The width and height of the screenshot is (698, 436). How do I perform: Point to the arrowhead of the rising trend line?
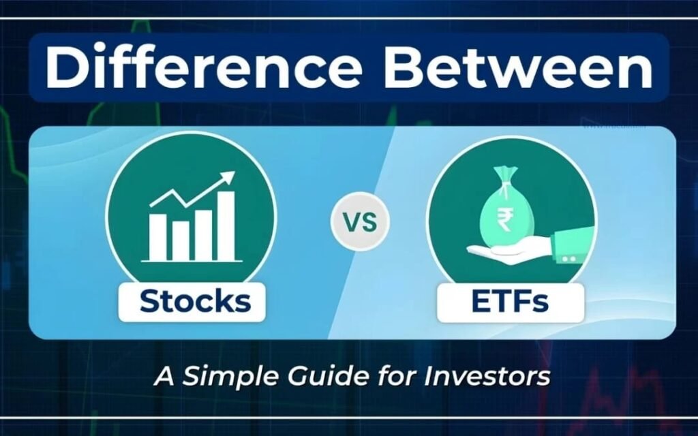coord(228,178)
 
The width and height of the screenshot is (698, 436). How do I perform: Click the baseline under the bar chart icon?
coord(192,260)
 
